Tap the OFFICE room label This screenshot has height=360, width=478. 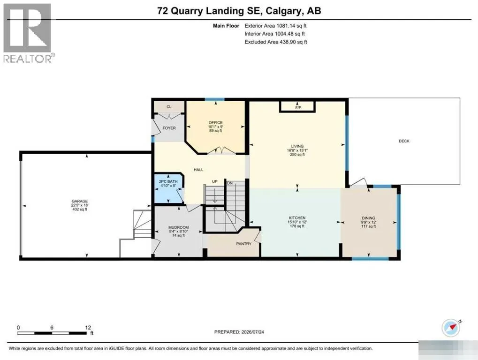coord(215,122)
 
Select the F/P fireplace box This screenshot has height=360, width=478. coord(297,107)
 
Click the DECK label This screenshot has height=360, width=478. coord(404,141)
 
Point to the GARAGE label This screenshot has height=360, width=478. coord(80,201)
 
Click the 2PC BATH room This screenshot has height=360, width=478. coord(168,188)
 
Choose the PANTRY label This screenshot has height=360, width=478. coord(244,244)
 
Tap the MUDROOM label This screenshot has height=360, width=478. coord(179,227)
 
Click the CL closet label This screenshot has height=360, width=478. coord(169,106)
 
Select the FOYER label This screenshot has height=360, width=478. coord(169,128)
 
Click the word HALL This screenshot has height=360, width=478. coord(198,170)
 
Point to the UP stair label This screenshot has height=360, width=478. coord(215,181)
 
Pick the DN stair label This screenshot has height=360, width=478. coord(230,183)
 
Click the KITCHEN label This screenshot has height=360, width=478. coord(297,218)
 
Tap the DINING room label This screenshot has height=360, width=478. coord(369,218)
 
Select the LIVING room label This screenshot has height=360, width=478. coord(297,146)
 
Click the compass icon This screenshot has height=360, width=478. coord(451,328)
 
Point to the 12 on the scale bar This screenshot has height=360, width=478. coord(88,327)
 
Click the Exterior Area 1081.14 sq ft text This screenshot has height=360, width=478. coord(275,26)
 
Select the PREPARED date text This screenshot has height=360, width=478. coord(239,332)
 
